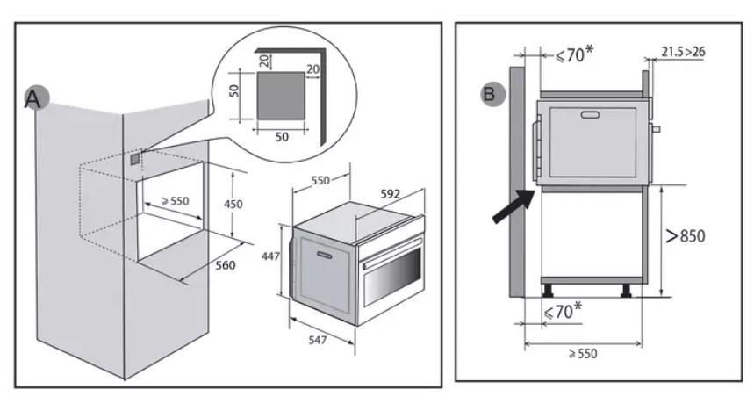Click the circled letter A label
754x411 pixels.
(33, 99)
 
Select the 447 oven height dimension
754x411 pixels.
(272, 256)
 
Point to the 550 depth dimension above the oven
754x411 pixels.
(320, 180)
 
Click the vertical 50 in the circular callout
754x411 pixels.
(234, 91)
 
